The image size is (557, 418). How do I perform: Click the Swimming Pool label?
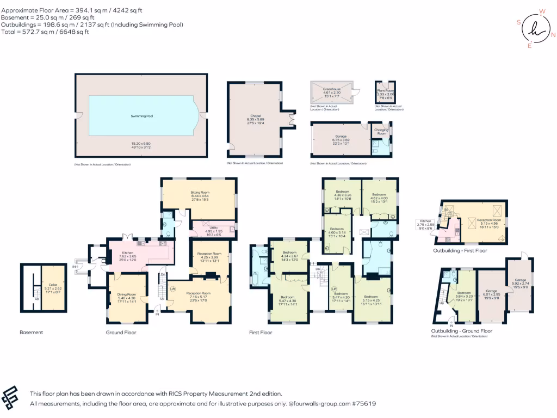click(x=141, y=116)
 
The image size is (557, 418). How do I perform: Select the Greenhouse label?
click(x=332, y=89)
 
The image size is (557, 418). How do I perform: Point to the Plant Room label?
click(x=385, y=90)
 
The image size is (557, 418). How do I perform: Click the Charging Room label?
click(x=382, y=131)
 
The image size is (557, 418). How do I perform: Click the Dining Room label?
click(x=126, y=295)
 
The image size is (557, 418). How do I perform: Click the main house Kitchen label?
click(x=127, y=253)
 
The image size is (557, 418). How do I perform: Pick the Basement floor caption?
click(x=32, y=332)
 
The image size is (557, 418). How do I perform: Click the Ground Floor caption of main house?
click(x=121, y=332)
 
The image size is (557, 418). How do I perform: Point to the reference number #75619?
click(x=364, y=404)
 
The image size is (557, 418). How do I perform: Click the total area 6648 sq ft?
click(x=67, y=32)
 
